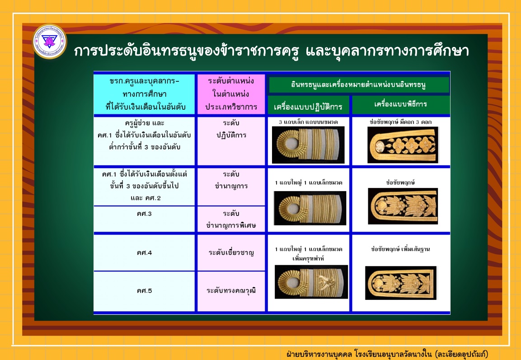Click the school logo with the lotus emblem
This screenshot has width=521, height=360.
point(50,42)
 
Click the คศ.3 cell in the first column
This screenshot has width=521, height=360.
point(144,219)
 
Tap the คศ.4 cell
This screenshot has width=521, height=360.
point(144,253)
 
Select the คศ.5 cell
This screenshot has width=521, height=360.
point(144,291)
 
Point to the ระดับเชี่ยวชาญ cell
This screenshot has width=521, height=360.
point(231,253)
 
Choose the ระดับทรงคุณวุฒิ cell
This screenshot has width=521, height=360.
point(231,291)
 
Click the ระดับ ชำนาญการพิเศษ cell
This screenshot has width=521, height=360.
point(231,219)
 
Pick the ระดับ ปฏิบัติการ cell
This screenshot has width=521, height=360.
point(231,141)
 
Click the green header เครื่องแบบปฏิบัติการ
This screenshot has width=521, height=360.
point(308,106)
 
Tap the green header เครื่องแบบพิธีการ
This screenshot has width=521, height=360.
point(401,105)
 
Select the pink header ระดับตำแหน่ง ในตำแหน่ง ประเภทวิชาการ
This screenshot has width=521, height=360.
point(231,94)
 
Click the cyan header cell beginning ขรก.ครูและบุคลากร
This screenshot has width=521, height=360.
point(144,94)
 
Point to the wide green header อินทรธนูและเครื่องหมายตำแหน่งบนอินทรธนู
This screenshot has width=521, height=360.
point(359,84)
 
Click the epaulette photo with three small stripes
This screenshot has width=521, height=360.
point(308,145)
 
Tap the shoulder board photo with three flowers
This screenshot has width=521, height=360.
point(403,145)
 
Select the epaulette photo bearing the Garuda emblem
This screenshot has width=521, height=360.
point(311,281)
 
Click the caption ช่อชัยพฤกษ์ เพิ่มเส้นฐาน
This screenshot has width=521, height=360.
point(400,249)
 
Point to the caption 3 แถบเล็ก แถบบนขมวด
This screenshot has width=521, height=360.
point(308,122)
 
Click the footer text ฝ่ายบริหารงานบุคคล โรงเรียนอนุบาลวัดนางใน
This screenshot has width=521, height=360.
point(359,354)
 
